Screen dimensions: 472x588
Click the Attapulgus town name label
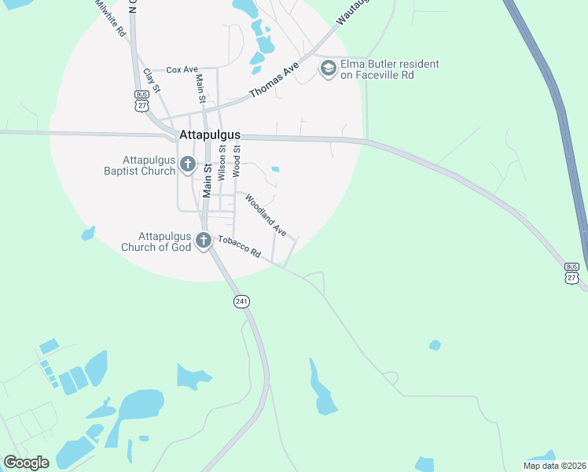[x=210, y=135]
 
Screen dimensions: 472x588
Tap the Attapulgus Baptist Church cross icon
[x=187, y=164]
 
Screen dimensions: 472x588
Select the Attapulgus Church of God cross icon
[x=203, y=242]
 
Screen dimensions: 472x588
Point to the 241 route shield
[x=241, y=301]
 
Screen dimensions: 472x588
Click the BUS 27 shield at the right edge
[x=571, y=273]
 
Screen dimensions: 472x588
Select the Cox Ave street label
[x=182, y=70]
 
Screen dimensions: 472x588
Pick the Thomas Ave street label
[x=275, y=81]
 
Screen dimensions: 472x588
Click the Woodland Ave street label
[x=265, y=215]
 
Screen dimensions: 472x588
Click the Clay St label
[x=152, y=81]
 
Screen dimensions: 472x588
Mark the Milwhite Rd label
[x=110, y=19]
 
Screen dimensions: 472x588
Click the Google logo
[x=26, y=463]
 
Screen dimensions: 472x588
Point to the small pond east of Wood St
[x=275, y=168]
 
